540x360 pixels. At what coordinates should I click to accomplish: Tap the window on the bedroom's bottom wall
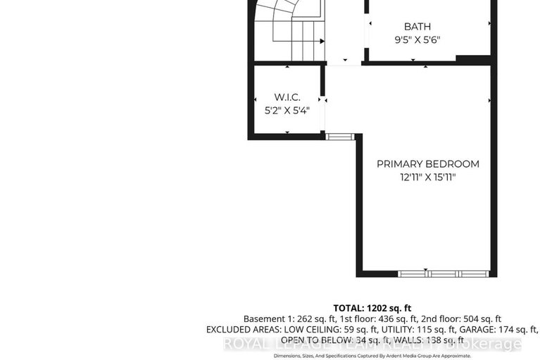pyautogui.click(x=443, y=273)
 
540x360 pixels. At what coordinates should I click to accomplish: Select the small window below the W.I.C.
pyautogui.click(x=337, y=135)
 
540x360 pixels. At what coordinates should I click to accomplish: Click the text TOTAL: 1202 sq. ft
pyautogui.click(x=372, y=308)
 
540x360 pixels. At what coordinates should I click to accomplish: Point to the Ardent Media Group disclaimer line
pyautogui.click(x=372, y=356)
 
